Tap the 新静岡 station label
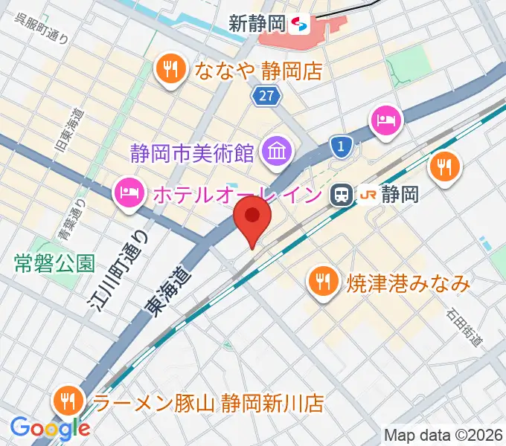tap(257, 24)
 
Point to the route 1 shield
tap(341, 147)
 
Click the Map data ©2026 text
tap(443, 433)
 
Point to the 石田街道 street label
tap(464, 327)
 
